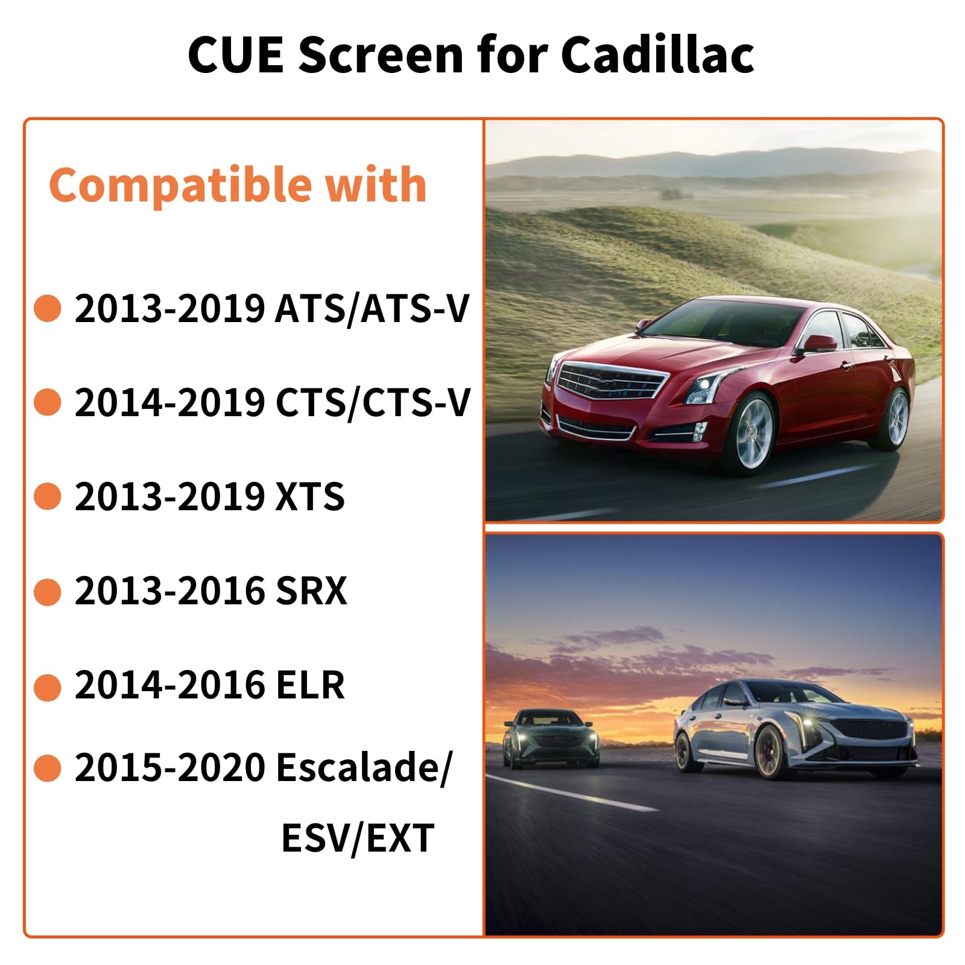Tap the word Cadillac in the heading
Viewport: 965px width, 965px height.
(657, 55)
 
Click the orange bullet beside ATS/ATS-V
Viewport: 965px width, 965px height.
(48, 308)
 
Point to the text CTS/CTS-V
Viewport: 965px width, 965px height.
(372, 402)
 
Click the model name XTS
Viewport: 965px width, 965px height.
(309, 496)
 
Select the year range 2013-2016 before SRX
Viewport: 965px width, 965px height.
(169, 590)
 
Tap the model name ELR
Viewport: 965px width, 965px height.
(309, 685)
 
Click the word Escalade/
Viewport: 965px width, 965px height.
(362, 768)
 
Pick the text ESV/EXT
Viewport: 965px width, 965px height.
(358, 838)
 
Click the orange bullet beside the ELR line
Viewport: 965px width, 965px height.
(48, 687)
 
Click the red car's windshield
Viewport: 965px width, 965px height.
(724, 329)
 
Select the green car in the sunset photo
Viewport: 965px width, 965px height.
(551, 738)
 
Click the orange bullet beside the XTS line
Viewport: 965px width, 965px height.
(48, 496)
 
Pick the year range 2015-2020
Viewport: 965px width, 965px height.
(169, 768)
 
